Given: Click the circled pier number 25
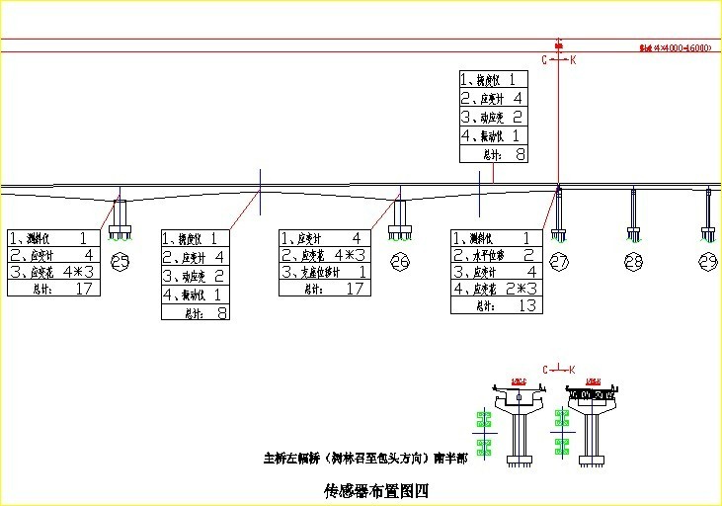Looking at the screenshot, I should [x=121, y=262].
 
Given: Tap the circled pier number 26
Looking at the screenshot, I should [x=400, y=262].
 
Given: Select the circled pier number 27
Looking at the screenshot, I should [x=559, y=262].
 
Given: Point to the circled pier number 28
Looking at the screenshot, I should [x=634, y=262].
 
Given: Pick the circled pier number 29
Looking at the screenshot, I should [x=708, y=262].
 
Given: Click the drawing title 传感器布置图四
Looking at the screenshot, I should [x=376, y=490].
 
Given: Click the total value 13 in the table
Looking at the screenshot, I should [x=528, y=306].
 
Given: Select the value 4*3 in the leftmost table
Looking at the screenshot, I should [x=78, y=272].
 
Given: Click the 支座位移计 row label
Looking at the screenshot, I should [x=317, y=272].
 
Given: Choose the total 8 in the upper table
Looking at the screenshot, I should [x=520, y=154].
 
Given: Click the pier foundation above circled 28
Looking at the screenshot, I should [x=634, y=233].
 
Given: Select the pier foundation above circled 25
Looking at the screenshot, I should [x=121, y=233].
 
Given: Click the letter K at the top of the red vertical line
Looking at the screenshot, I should [x=573, y=60].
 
